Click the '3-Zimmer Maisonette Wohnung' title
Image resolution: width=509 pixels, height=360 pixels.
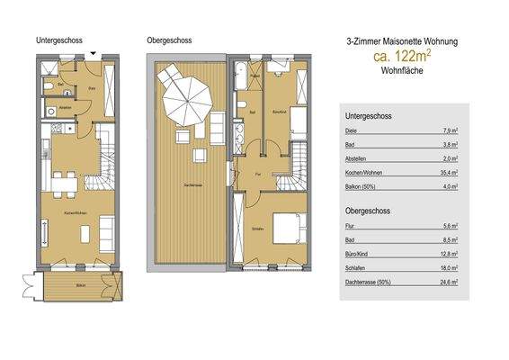click(x=401, y=41)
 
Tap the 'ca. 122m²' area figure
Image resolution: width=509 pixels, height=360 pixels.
click(x=401, y=57)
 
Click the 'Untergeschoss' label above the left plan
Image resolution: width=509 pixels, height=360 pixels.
click(x=59, y=41)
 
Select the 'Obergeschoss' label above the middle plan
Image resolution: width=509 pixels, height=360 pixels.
click(x=168, y=41)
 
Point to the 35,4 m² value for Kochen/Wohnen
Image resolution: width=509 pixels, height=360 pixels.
click(x=448, y=171)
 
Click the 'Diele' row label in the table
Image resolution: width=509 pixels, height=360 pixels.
click(x=351, y=131)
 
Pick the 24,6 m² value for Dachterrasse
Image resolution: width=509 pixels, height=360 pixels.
click(x=449, y=282)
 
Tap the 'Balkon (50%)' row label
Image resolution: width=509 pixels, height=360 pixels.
click(x=360, y=186)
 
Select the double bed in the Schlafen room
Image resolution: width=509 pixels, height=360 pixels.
click(x=284, y=226)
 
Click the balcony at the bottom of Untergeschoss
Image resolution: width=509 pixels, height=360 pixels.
click(x=78, y=285)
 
